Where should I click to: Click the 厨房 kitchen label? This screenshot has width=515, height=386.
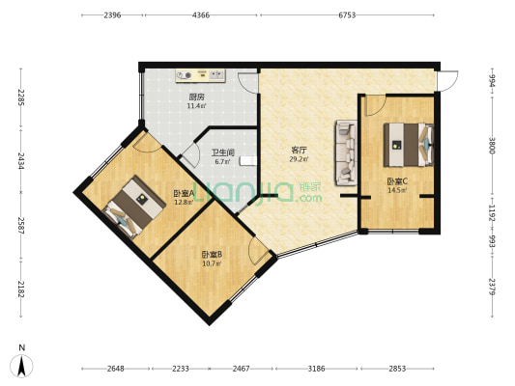tap(196, 96)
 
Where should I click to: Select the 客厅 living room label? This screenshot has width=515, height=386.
tap(300, 151)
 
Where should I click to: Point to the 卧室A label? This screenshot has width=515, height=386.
tap(184, 192)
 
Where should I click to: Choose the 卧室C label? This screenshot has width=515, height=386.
tap(396, 180)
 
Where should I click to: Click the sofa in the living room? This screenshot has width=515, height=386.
tap(343, 152)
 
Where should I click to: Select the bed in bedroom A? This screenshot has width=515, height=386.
tap(133, 205)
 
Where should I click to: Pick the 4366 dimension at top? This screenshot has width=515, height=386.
tap(201, 15)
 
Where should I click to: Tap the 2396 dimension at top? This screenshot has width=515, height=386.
tap(112, 15)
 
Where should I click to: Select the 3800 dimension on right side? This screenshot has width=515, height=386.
tap(492, 146)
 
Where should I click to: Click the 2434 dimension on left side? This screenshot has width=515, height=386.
tap(17, 157)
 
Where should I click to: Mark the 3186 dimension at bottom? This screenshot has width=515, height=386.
tap(316, 370)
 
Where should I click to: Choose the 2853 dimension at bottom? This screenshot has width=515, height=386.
tap(398, 370)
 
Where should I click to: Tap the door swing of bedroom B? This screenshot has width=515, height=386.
tap(258, 252)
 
